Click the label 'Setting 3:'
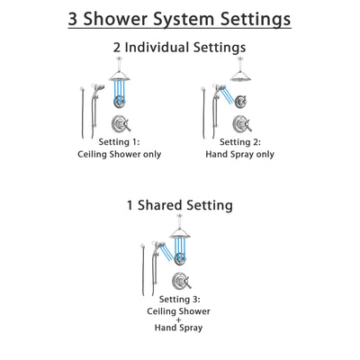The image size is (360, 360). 180,298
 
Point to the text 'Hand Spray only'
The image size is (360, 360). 239,155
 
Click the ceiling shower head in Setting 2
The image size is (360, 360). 239,75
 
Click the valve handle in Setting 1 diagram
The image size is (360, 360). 120,124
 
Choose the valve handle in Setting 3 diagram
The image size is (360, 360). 180,281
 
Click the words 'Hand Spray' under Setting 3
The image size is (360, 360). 180,334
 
